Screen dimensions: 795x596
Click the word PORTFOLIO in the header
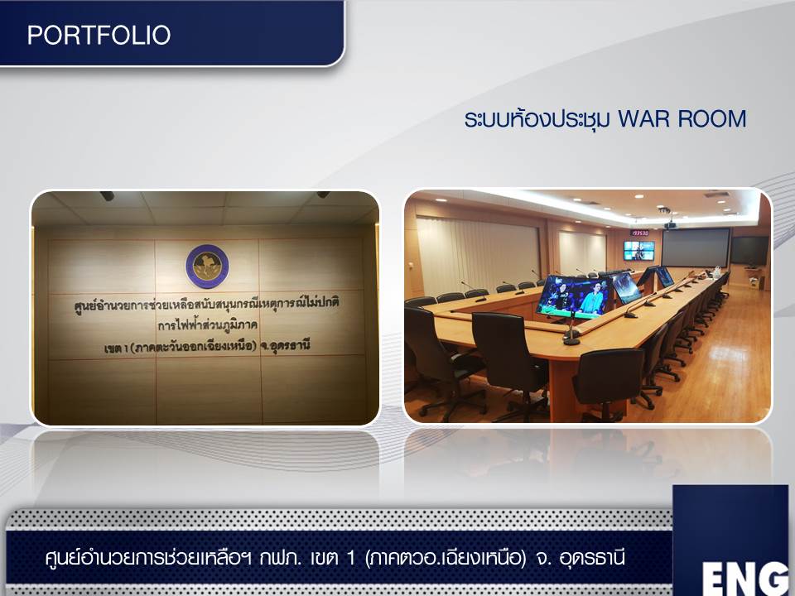tap(99, 35)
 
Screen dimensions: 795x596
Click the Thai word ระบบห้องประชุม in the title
tap(537, 118)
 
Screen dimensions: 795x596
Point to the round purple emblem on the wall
tap(207, 267)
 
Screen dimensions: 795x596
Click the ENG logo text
tap(745, 577)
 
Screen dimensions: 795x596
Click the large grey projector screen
tap(695, 248)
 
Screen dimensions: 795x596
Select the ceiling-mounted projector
tap(670, 224)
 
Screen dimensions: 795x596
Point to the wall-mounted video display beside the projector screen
tap(638, 250)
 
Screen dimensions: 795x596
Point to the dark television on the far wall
tap(749, 250)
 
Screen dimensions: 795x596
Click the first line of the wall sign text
tap(207, 304)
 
